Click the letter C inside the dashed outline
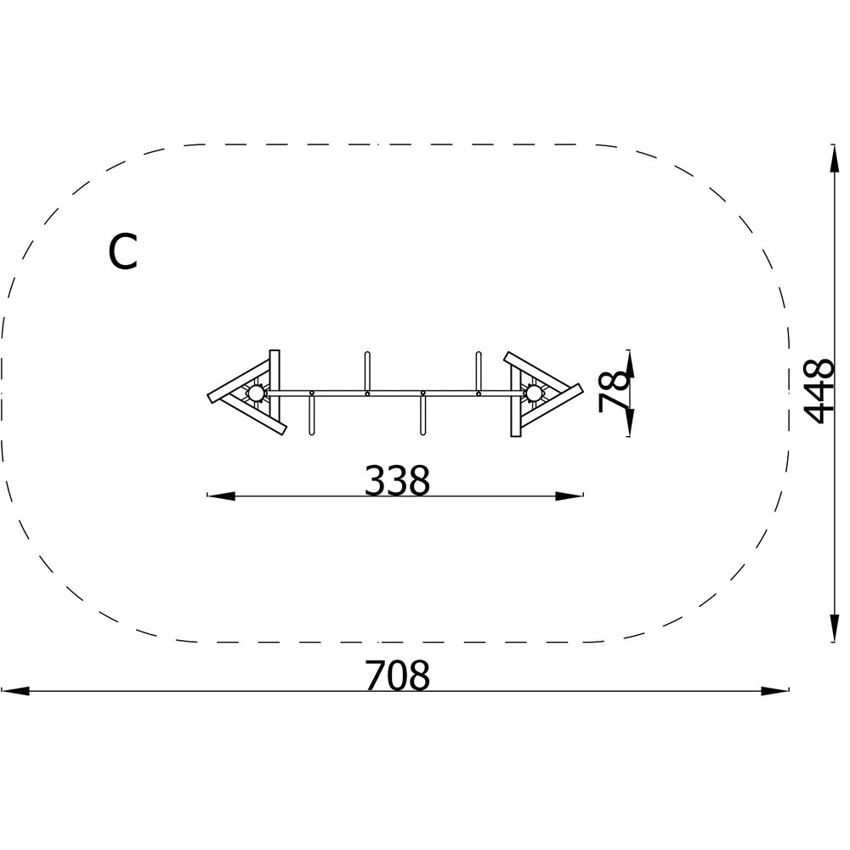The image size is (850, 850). pos(122,252)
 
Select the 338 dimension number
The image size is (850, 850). pos(397,480)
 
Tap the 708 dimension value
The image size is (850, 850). pos(397,675)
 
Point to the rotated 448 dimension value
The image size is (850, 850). pos(818,390)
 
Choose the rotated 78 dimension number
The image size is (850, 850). pos(615,392)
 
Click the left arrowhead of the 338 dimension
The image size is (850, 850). pos(221,496)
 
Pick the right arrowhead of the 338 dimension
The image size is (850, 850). pos(569,496)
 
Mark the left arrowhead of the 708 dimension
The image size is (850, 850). pos(15,691)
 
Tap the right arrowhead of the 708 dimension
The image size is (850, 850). pos(774,691)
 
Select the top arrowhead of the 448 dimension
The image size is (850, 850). pos(835,158)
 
